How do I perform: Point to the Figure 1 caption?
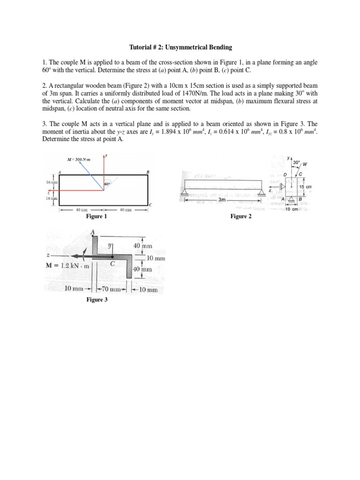[97, 217]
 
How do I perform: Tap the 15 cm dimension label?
[305, 187]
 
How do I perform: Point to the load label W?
[305, 165]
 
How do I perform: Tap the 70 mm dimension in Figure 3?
[111, 289]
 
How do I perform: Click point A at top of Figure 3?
[92, 232]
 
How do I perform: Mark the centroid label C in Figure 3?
[112, 264]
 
